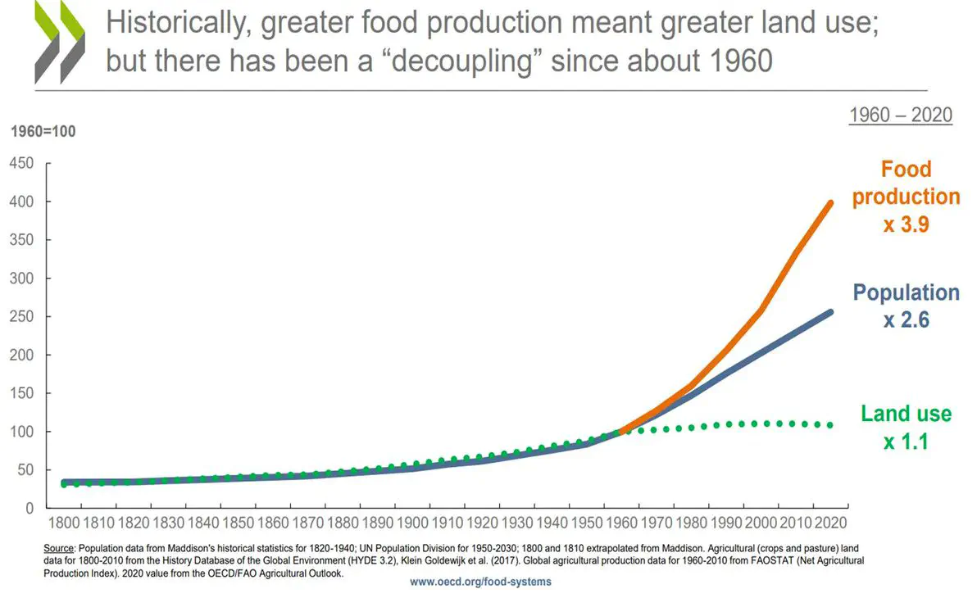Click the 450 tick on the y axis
pos(21,163)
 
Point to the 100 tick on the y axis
pos(21,432)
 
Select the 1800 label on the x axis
pos(63,522)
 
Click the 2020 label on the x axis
pos(830,522)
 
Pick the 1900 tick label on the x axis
pos(411,522)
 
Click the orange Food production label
pos(907,183)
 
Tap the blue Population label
pos(907,292)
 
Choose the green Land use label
pos(907,414)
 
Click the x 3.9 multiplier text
pos(907,224)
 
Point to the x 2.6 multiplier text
pos(907,320)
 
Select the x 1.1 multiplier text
pos(907,442)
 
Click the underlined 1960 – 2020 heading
pos(900,115)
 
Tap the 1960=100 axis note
pos(43,131)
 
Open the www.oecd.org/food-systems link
pos(480,582)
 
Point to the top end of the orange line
pos(831,202)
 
